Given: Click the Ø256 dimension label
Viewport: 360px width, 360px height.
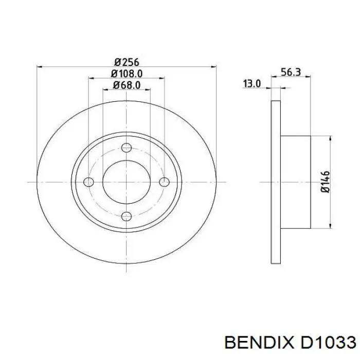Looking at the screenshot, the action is click(127, 62).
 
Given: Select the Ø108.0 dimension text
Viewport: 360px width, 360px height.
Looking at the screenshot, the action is click(127, 74).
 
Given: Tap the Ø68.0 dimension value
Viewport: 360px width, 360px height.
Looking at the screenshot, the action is click(127, 85).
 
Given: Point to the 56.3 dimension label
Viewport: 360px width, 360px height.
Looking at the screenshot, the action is click(291, 72).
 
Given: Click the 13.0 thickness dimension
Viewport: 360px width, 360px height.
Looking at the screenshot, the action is click(252, 83).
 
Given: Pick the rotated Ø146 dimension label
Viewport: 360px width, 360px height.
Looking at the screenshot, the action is click(325, 182).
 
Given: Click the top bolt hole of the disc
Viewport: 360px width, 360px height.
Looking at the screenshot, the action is click(127, 148).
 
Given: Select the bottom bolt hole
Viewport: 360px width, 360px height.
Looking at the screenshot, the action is click(127, 217).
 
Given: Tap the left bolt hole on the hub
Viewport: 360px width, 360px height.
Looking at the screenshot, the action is click(88, 182).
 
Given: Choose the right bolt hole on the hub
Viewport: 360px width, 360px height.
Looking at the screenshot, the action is click(165, 182).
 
